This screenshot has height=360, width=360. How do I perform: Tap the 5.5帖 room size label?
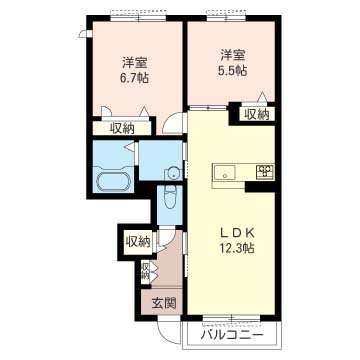[x=233, y=70]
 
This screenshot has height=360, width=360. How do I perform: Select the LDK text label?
[x=237, y=233]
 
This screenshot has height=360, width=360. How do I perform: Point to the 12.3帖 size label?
[x=237, y=247]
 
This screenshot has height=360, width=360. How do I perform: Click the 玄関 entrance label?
[x=164, y=303]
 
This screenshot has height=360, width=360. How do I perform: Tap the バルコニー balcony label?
[x=232, y=335]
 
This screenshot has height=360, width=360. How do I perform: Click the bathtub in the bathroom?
[x=113, y=182]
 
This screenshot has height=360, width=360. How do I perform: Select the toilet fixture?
[x=170, y=196]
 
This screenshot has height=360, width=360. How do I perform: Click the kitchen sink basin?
[x=224, y=172]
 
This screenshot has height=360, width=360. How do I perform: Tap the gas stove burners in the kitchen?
[x=265, y=171]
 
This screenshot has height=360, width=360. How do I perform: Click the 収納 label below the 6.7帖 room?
[x=122, y=128]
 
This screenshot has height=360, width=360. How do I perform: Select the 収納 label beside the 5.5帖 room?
[x=257, y=114]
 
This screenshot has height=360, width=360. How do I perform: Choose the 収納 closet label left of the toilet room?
[x=137, y=242]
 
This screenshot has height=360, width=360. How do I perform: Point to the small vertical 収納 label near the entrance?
[x=145, y=271]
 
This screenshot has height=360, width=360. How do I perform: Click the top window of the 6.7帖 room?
[x=138, y=18]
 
